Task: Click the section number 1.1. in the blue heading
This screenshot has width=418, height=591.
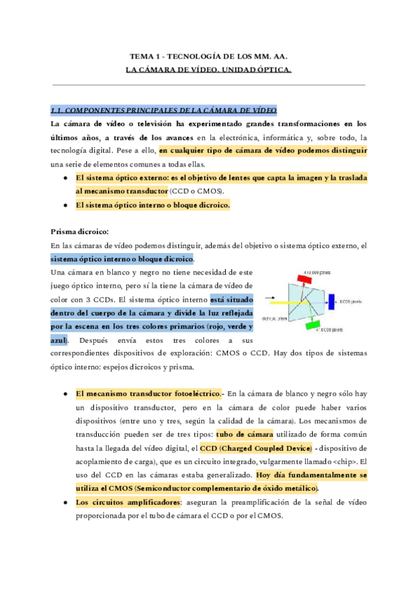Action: tap(58, 110)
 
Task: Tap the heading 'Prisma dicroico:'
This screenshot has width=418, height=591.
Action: tap(79, 231)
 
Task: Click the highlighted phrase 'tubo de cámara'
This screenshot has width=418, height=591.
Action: tap(240, 433)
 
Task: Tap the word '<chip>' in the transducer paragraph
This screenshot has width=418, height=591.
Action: tap(332, 461)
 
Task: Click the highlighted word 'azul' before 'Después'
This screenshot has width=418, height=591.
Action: tap(59, 339)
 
